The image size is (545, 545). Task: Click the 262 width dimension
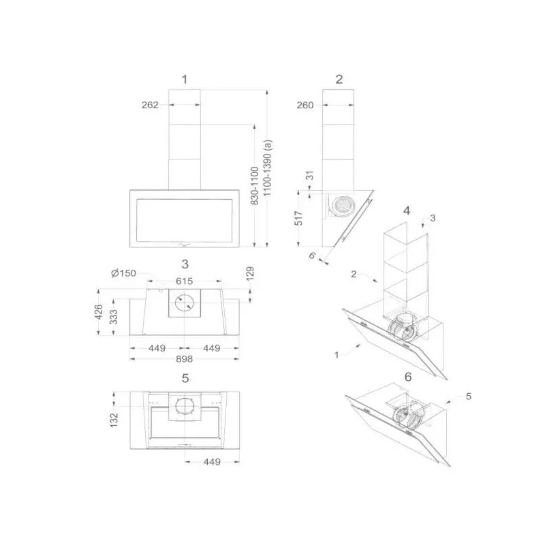pyautogui.click(x=150, y=105)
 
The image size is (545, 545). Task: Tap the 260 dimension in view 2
pyautogui.click(x=305, y=105)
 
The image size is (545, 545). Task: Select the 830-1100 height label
pyautogui.click(x=255, y=185)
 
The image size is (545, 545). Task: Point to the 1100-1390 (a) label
pyautogui.click(x=267, y=168)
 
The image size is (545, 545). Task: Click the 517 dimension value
pyautogui.click(x=298, y=218)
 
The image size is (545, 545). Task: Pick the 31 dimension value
pyautogui.click(x=310, y=175)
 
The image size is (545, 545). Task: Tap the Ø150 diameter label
pyautogui.click(x=124, y=273)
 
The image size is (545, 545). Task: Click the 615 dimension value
pyautogui.click(x=184, y=281)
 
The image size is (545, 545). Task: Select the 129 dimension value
pyautogui.click(x=250, y=274)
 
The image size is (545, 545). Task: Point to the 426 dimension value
pyautogui.click(x=99, y=312)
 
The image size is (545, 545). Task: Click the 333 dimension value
pyautogui.click(x=114, y=317)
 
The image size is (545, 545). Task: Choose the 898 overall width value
pyautogui.click(x=184, y=359)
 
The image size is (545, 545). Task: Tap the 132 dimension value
pyautogui.click(x=114, y=420)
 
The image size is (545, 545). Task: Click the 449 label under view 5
pyautogui.click(x=212, y=462)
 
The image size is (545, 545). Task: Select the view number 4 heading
pyautogui.click(x=407, y=211)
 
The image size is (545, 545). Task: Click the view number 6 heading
pyautogui.click(x=408, y=377)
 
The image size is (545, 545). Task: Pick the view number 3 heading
pyautogui.click(x=185, y=264)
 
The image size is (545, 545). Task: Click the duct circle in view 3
pyautogui.click(x=184, y=302)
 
